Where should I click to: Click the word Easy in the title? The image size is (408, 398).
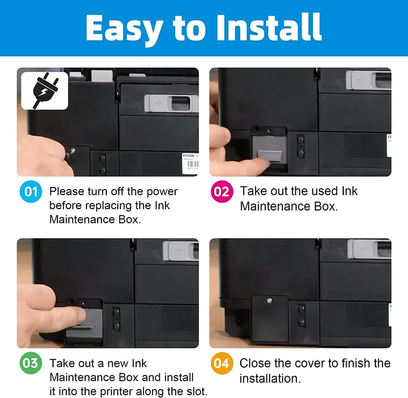tap(124, 29)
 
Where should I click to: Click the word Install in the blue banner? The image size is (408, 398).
tap(269, 27)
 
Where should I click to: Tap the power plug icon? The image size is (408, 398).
tap(45, 90)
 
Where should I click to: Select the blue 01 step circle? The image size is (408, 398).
tap(31, 192)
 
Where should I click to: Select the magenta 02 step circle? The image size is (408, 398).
tap(222, 191)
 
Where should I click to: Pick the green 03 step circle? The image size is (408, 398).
tap(31, 363)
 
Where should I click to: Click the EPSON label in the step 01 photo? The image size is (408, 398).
tap(188, 155)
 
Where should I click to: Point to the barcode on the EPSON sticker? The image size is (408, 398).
tap(193, 164)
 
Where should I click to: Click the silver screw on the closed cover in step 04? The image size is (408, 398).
tap(269, 301)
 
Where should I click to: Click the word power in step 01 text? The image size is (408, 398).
tap(162, 192)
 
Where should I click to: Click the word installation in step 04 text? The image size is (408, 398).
tap(270, 379)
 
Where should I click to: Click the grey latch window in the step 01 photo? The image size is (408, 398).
tap(181, 103)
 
